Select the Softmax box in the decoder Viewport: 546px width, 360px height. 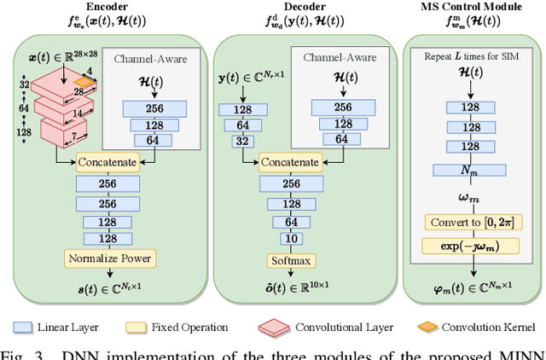(x=293, y=260)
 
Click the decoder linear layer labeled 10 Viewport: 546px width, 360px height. (x=293, y=239)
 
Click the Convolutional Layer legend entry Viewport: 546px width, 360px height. (x=333, y=327)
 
